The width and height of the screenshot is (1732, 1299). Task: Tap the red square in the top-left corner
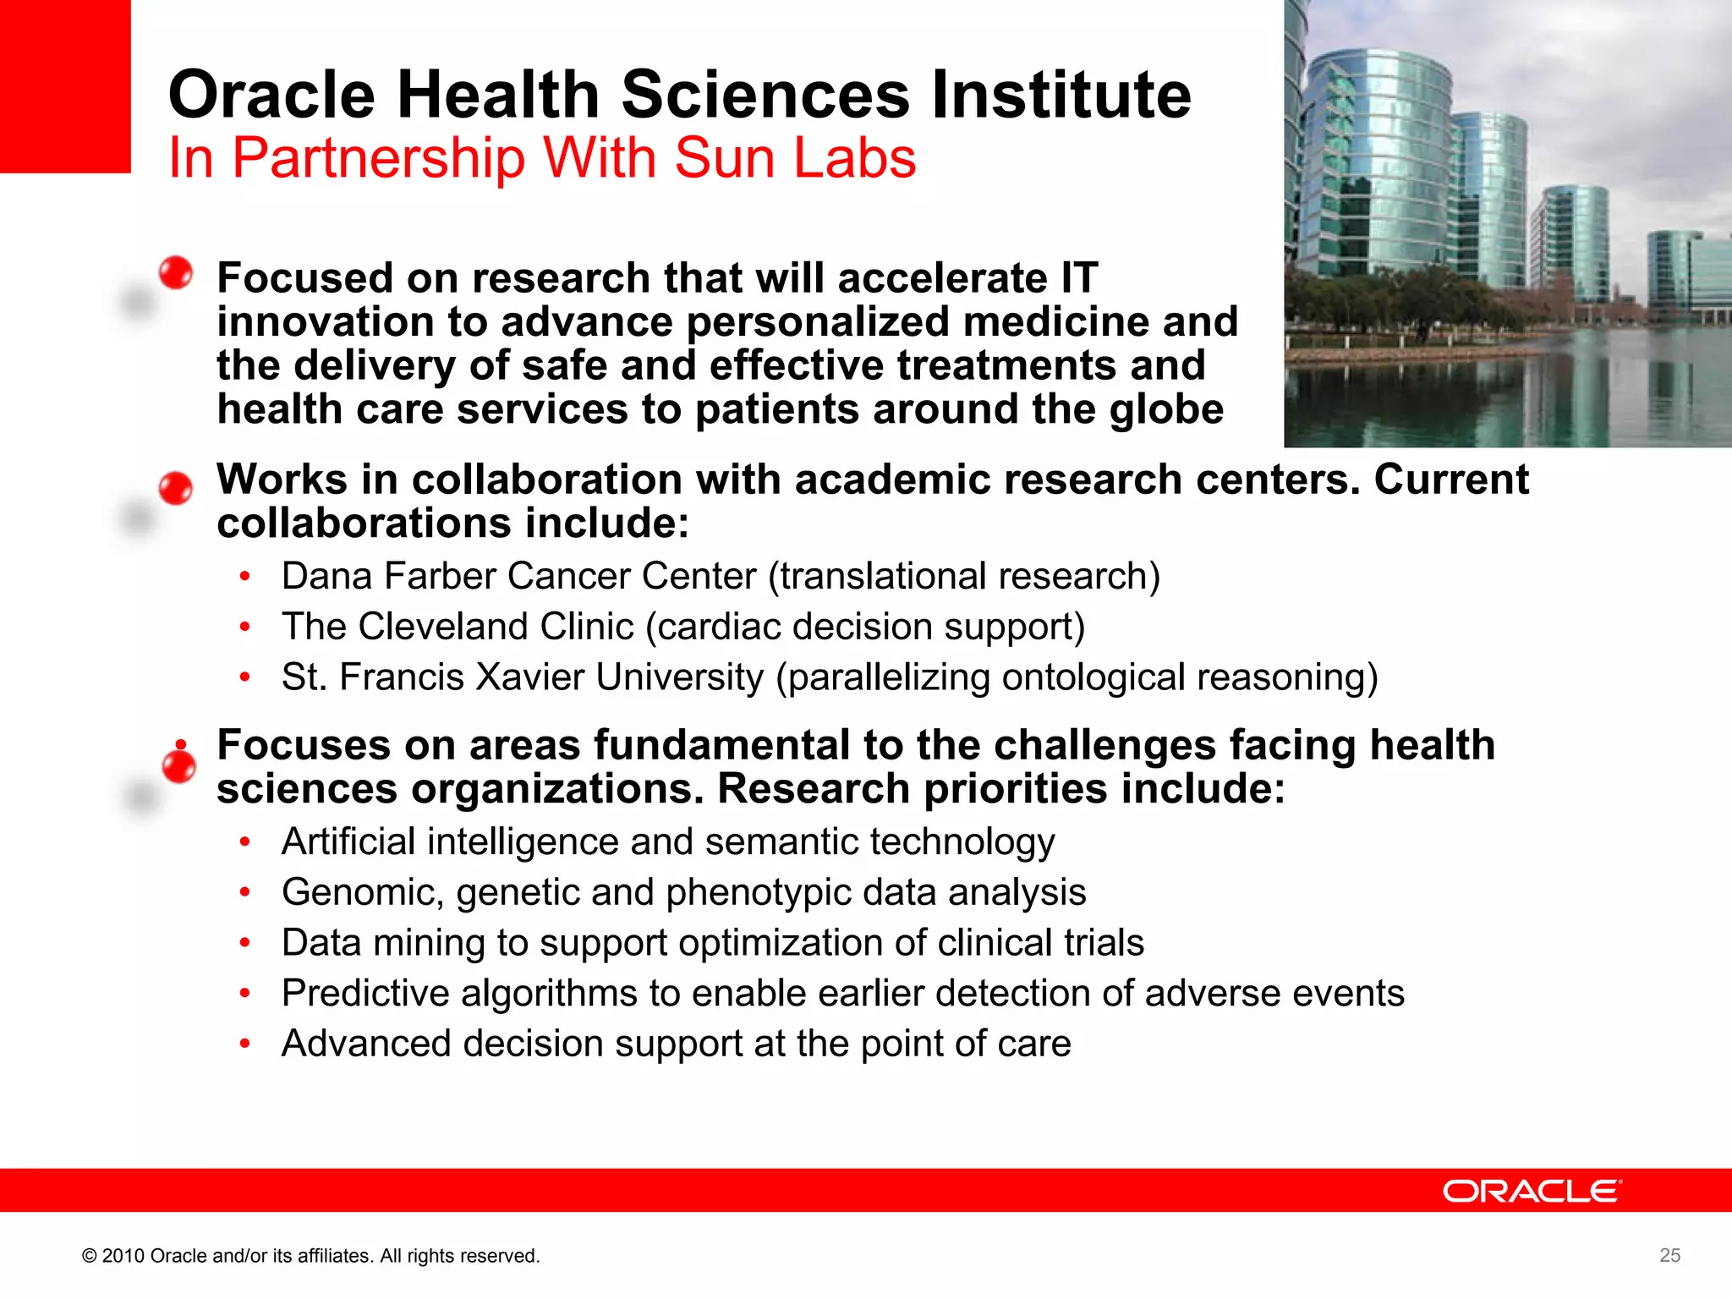(x=64, y=85)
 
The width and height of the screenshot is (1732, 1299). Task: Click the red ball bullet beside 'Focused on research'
(x=176, y=272)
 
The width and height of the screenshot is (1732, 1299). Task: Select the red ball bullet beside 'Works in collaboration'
(x=176, y=488)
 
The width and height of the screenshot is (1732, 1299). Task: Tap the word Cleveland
(x=496, y=627)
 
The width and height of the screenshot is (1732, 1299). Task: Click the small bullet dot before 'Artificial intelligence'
(x=244, y=841)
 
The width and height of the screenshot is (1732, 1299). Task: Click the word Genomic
(x=363, y=893)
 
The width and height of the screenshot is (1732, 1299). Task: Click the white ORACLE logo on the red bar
(x=1532, y=1191)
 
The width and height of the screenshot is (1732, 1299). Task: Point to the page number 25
(x=1669, y=1256)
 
